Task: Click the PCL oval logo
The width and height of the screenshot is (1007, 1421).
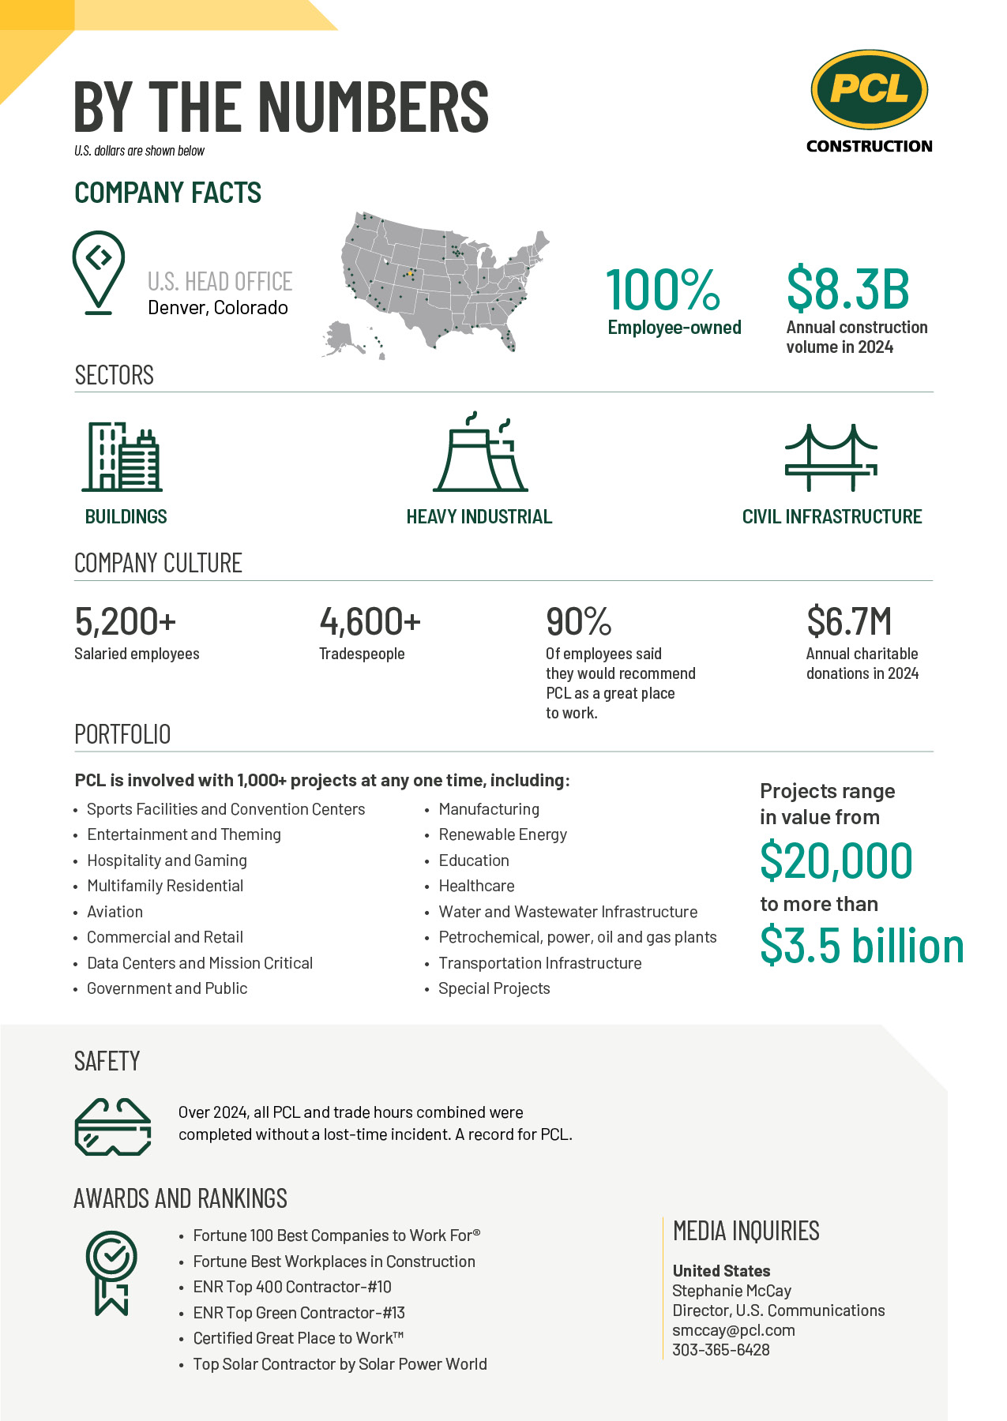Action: (x=869, y=89)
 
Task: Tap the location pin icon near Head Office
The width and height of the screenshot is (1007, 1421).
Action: (x=99, y=271)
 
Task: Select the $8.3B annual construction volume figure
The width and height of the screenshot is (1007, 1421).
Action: (x=847, y=290)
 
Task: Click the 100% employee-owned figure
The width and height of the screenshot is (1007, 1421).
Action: (x=663, y=291)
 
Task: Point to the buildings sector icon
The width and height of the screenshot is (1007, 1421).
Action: (x=122, y=457)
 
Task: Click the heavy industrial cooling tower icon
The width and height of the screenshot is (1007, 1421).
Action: (x=479, y=453)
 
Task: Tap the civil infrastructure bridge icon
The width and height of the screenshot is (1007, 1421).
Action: (x=831, y=458)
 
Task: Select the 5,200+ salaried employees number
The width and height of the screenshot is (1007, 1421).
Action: (x=125, y=622)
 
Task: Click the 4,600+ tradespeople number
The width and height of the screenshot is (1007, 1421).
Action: (x=370, y=622)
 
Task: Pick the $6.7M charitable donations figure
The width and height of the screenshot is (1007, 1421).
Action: (x=849, y=622)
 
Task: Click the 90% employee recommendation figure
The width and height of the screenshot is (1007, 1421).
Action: (x=579, y=622)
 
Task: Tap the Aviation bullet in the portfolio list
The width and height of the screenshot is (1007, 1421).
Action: (x=115, y=912)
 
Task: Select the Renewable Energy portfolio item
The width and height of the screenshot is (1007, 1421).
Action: (x=502, y=834)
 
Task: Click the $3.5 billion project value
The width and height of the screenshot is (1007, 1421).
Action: (x=862, y=946)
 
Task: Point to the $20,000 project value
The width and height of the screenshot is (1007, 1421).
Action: (x=836, y=860)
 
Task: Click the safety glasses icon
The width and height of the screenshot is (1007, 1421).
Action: (x=112, y=1127)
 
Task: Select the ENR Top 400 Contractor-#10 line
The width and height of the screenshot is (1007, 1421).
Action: (x=292, y=1287)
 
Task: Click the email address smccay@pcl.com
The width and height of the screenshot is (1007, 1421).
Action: (x=733, y=1330)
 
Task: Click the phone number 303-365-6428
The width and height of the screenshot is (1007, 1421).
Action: (x=720, y=1350)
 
